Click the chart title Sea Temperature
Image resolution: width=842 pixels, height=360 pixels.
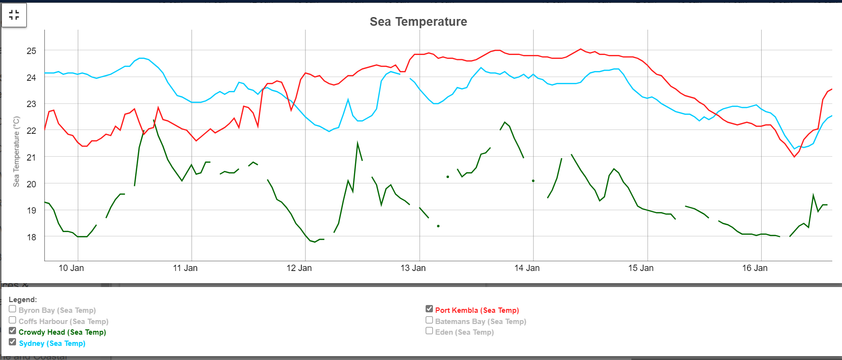click(418, 21)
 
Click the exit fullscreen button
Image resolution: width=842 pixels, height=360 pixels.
click(14, 15)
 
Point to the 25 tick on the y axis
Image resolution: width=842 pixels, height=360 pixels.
click(31, 51)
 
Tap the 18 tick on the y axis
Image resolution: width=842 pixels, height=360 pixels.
click(31, 237)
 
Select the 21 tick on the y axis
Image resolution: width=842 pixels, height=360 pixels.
click(31, 157)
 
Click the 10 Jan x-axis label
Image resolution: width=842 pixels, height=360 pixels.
click(71, 268)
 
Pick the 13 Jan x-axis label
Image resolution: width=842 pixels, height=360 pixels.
click(413, 268)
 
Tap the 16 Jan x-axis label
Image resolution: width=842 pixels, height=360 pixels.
click(754, 268)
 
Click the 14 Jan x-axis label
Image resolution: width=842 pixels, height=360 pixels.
click(527, 268)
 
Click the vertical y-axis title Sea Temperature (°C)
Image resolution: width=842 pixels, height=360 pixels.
click(17, 151)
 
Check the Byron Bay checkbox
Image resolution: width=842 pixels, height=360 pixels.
click(13, 309)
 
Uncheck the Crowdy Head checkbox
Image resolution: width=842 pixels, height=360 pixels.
click(13, 331)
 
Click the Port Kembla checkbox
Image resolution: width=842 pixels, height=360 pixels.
click(429, 309)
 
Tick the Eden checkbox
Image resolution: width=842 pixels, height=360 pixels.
click(429, 331)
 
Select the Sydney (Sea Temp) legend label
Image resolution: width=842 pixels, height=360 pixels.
click(52, 343)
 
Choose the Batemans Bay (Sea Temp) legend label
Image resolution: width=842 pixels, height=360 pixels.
click(481, 322)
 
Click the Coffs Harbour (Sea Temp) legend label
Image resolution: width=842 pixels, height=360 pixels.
click(63, 322)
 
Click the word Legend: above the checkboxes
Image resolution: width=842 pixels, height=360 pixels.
click(23, 300)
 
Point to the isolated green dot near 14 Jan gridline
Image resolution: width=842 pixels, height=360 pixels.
click(533, 180)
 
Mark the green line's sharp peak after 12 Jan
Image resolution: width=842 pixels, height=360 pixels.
click(358, 143)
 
